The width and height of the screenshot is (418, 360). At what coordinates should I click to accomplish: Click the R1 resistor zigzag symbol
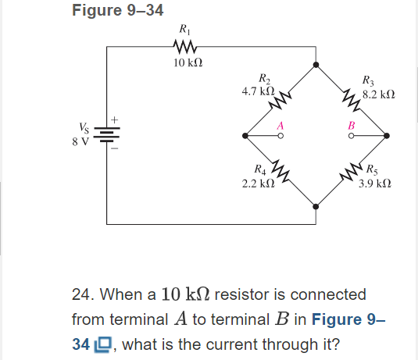185,47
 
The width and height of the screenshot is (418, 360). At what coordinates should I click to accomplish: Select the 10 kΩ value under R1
185,62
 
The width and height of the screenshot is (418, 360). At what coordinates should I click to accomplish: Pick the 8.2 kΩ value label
379,94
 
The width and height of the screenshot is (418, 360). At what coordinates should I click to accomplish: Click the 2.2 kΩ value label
259,181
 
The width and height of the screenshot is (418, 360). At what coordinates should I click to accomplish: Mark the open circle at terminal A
280,136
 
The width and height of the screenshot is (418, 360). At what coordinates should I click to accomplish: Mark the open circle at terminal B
352,136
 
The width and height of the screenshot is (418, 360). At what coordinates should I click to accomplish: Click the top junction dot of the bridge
316,66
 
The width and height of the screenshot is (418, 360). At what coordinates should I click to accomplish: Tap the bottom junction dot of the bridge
316,206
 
